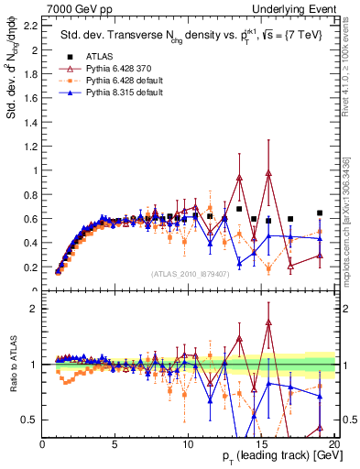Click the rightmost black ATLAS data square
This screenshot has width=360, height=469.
pyautogui.click(x=319, y=213)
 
